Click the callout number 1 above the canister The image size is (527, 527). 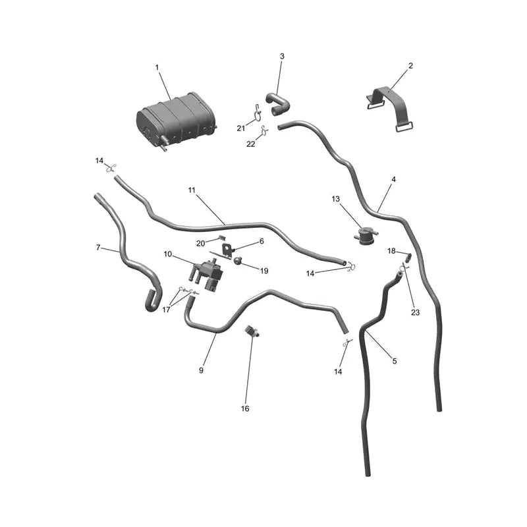(x=157, y=68)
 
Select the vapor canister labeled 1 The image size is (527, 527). (x=177, y=121)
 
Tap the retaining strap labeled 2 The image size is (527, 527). (x=389, y=108)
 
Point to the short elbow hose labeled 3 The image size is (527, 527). (x=278, y=104)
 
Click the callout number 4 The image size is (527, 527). (x=393, y=179)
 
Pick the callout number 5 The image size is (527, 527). (x=395, y=361)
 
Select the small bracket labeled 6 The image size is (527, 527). (x=227, y=250)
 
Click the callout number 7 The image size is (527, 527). (x=98, y=248)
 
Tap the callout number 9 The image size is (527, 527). (x=201, y=370)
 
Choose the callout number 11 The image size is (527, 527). (x=192, y=190)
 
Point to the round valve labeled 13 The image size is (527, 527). (x=366, y=236)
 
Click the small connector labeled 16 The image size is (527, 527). (x=252, y=331)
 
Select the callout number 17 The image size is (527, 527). (x=166, y=310)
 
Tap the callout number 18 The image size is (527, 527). (x=391, y=251)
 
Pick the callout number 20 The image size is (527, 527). (x=201, y=243)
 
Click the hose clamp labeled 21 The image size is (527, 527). (x=257, y=112)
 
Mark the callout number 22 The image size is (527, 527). (x=251, y=144)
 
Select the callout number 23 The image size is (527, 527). (x=416, y=312)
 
